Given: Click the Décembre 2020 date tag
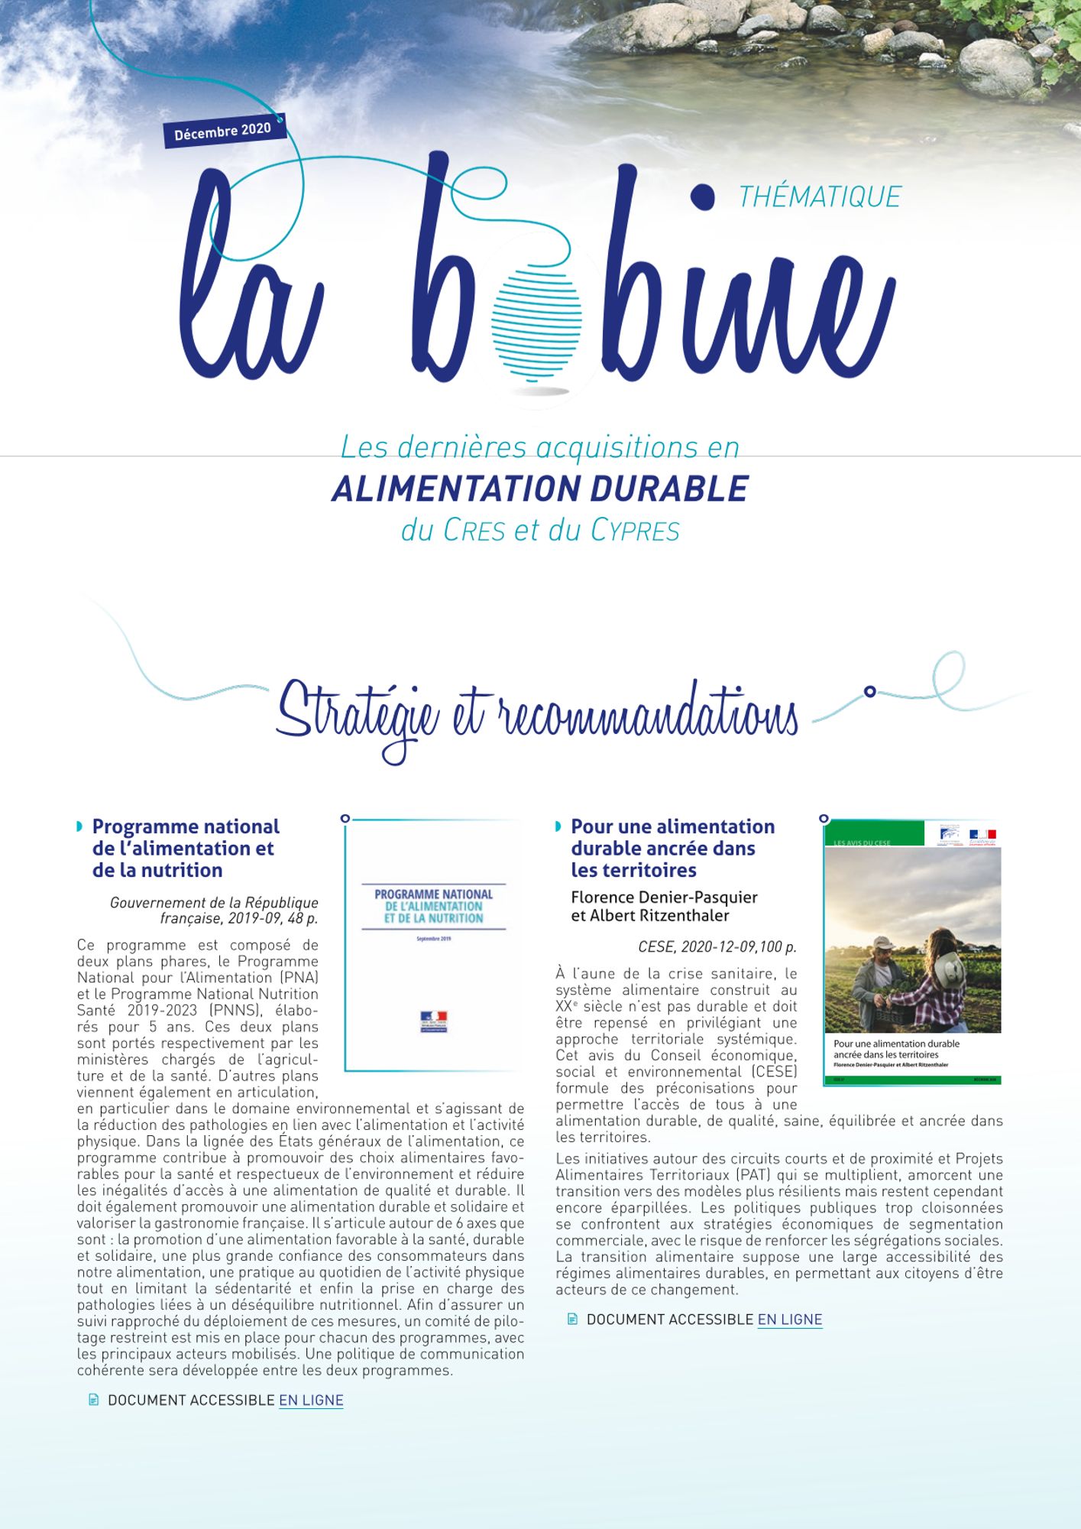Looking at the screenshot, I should (x=223, y=131).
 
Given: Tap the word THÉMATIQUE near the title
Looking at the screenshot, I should (x=819, y=197).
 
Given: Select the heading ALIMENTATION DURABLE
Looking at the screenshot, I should (x=540, y=489).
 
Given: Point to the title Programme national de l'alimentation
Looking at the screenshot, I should (x=186, y=848).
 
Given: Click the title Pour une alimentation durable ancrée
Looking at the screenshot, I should (x=672, y=848).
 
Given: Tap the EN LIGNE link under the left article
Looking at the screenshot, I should (x=311, y=1400).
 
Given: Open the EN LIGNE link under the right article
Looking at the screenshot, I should (x=789, y=1319).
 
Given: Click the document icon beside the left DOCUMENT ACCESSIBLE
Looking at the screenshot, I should (x=94, y=1400).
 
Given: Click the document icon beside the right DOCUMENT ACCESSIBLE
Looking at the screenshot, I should (x=572, y=1319).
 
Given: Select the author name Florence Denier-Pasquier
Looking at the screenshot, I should (x=664, y=897).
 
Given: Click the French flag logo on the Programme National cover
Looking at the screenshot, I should (x=433, y=1021).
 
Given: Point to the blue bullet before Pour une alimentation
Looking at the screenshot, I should (x=558, y=826).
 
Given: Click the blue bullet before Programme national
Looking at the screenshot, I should (x=79, y=826).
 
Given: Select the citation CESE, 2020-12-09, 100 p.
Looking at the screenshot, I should (x=717, y=946).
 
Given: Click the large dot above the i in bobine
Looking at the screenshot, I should (x=701, y=197).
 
